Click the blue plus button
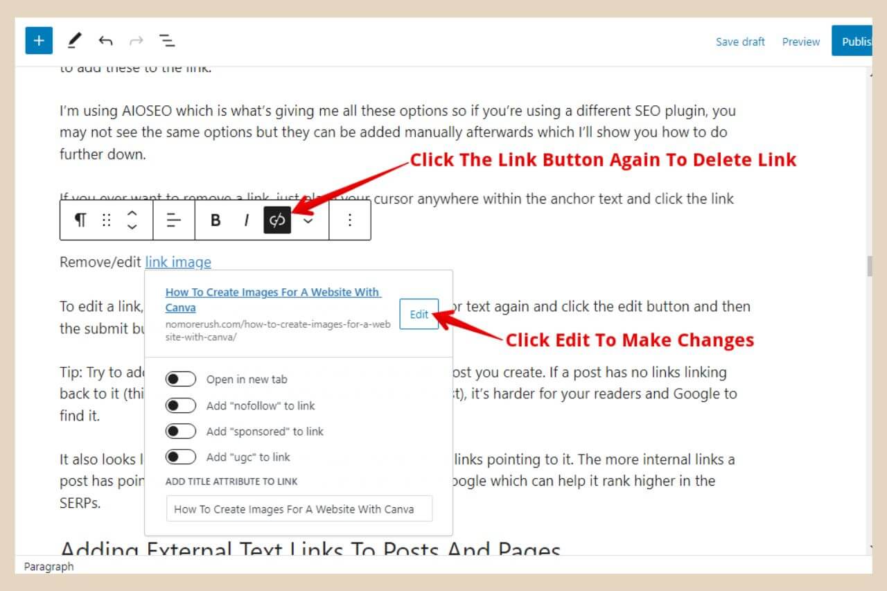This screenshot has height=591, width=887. tap(39, 41)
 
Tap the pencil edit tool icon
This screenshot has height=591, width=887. tap(73, 41)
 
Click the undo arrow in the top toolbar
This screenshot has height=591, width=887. tap(105, 41)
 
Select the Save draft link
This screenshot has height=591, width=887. tap(740, 42)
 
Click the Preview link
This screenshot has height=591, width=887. tap(800, 42)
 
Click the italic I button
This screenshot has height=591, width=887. tap(246, 220)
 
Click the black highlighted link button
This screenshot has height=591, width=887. tap(277, 220)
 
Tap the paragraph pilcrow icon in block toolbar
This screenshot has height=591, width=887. tap(80, 220)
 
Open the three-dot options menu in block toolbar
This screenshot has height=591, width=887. tap(350, 220)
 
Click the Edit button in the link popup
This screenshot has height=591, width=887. tap(419, 314)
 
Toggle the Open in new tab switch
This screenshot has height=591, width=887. tap(181, 379)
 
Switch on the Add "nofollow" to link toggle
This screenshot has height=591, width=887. tap(181, 405)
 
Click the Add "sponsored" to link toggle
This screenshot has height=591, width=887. tap(181, 431)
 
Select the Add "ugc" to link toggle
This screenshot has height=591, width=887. tap(181, 457)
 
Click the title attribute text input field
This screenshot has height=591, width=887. tap(299, 509)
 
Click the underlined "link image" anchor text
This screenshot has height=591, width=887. tap(178, 262)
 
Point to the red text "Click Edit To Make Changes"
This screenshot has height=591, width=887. tap(629, 340)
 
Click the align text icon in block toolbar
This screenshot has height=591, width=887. tap(174, 220)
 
